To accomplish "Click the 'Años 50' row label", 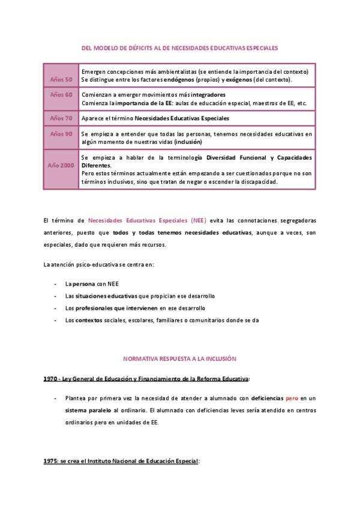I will [61, 80].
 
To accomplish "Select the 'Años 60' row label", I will [61, 95].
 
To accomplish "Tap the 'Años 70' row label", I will [61, 118].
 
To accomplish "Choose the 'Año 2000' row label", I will [61, 165].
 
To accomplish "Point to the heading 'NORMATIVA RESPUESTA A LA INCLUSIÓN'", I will [179, 358].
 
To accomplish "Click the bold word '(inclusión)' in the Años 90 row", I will [188, 142].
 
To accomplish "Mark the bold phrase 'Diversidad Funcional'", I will [236, 158].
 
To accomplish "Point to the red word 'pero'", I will [292, 398].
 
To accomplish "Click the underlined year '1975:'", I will [51, 461].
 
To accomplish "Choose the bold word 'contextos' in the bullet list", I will [88, 321].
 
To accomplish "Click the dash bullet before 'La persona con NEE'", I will [55, 285].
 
